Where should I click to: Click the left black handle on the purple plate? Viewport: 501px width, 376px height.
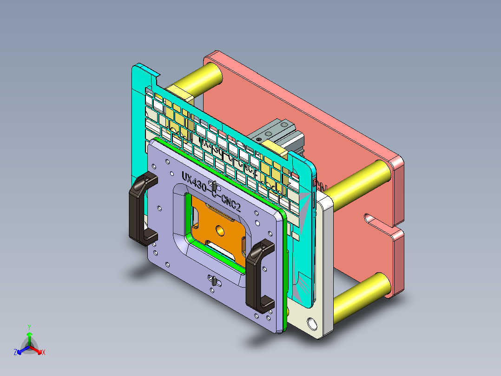138,208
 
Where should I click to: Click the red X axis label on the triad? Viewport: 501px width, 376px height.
44,353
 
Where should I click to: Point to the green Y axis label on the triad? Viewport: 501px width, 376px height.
29,327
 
